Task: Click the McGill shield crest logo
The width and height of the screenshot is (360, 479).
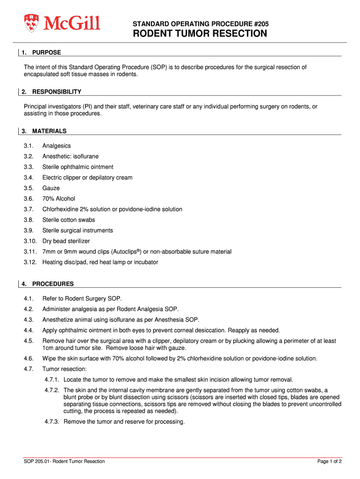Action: coord(31,23)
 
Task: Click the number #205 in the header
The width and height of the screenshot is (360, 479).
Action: coord(260,23)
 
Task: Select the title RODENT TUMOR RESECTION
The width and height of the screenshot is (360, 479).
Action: coord(200,34)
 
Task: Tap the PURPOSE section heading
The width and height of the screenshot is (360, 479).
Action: coord(47,52)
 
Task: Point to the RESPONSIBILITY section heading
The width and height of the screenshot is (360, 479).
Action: coord(57,92)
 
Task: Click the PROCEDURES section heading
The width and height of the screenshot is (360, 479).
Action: coord(53,284)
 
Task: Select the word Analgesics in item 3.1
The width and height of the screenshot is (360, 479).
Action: coord(57,146)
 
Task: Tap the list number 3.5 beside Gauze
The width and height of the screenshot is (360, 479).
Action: coord(29,188)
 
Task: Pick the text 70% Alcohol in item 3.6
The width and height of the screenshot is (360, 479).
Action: coord(58,199)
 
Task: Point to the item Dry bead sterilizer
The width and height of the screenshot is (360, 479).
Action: coord(66,241)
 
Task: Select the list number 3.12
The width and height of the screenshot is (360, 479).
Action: coord(30,262)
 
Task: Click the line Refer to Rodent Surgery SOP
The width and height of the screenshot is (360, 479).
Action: coord(82,298)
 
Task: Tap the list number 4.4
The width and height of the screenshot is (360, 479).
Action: coord(29,330)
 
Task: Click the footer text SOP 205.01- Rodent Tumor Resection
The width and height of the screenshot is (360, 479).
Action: coord(65,461)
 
